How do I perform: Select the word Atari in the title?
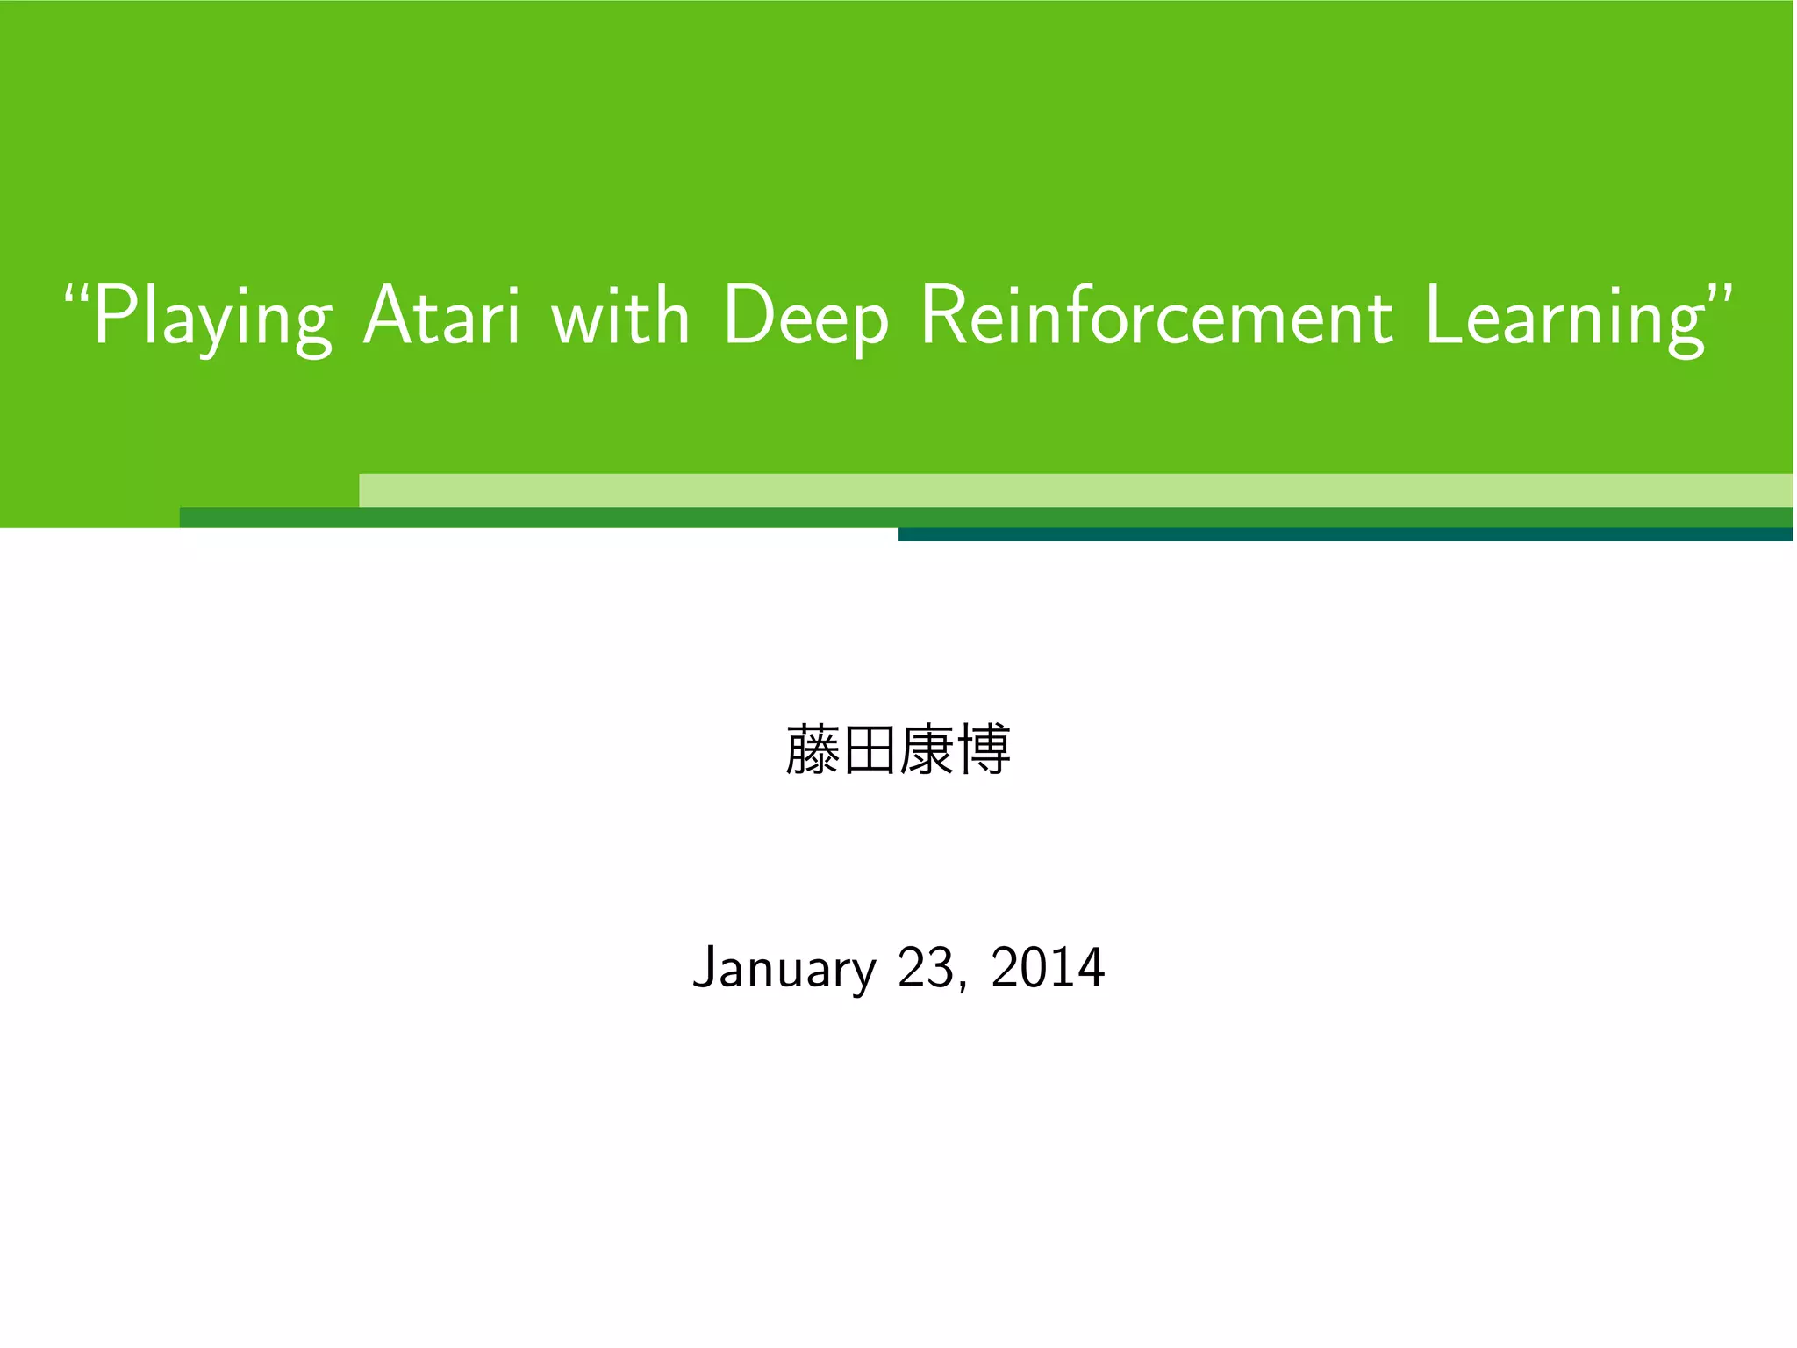pos(442,316)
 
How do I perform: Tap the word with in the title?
pos(620,316)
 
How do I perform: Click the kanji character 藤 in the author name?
pos(813,750)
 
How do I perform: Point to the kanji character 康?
pos(927,750)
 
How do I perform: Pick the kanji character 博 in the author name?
pos(984,750)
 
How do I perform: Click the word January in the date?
pos(784,968)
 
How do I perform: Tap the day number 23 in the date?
pos(926,968)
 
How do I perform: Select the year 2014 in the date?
pos(1048,968)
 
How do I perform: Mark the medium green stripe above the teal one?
pos(614,518)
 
